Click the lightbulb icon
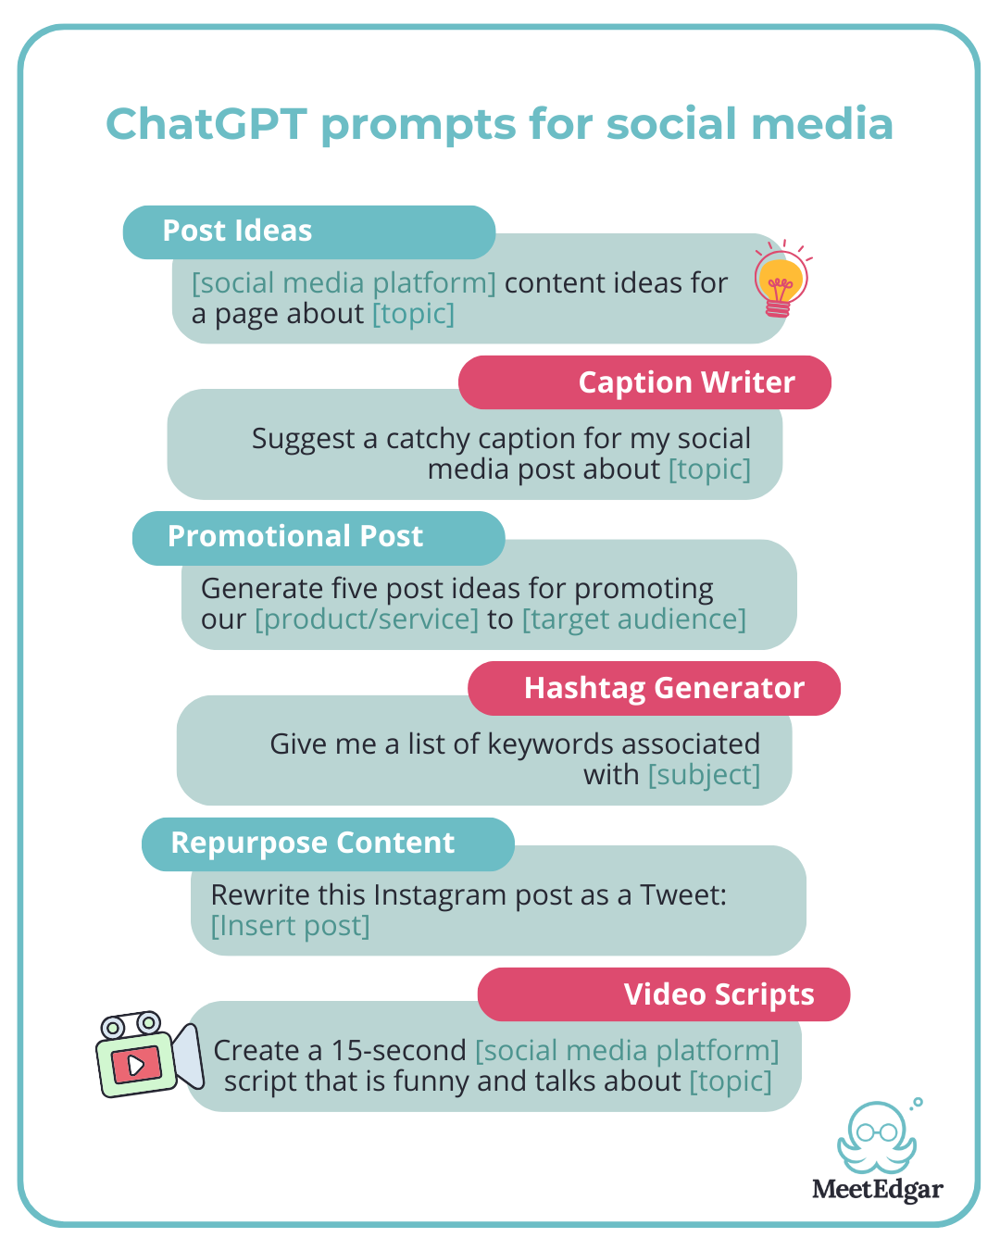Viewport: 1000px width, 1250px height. (781, 280)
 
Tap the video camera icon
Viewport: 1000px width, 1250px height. (148, 1055)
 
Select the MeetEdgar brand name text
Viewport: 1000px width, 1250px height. (877, 1189)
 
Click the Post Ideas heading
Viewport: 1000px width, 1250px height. (237, 231)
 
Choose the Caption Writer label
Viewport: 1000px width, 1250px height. (686, 382)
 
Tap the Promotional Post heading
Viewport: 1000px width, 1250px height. (294, 536)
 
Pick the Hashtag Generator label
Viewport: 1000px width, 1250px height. (664, 688)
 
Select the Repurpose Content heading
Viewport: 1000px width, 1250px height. (312, 843)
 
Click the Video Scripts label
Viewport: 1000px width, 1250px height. (719, 994)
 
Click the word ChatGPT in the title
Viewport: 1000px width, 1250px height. (206, 124)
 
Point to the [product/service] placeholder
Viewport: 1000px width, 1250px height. (367, 619)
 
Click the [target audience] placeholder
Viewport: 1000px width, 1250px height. (634, 619)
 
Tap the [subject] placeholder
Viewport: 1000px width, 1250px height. (704, 774)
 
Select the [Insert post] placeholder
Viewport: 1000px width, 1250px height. (290, 925)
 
